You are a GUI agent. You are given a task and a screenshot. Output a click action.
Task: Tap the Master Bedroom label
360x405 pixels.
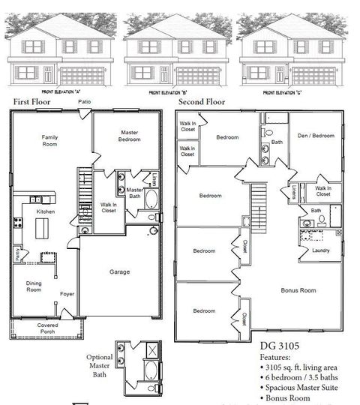[129, 136]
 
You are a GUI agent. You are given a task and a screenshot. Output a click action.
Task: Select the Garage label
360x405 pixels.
[119, 272]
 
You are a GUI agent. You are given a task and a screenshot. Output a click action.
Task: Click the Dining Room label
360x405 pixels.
[34, 286]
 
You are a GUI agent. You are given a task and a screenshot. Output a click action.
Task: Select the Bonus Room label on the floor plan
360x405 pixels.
[297, 290]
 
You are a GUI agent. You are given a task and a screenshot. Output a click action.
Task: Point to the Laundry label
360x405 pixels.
[321, 251]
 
